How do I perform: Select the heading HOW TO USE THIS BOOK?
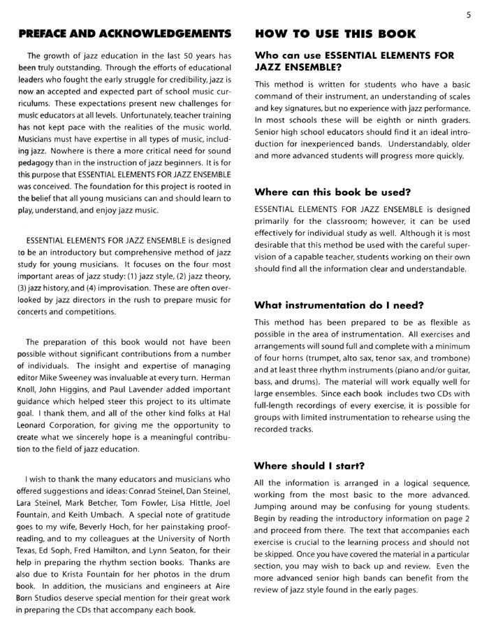(336, 34)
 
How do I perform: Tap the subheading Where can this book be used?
(333, 191)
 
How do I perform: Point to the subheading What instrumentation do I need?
(340, 305)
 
